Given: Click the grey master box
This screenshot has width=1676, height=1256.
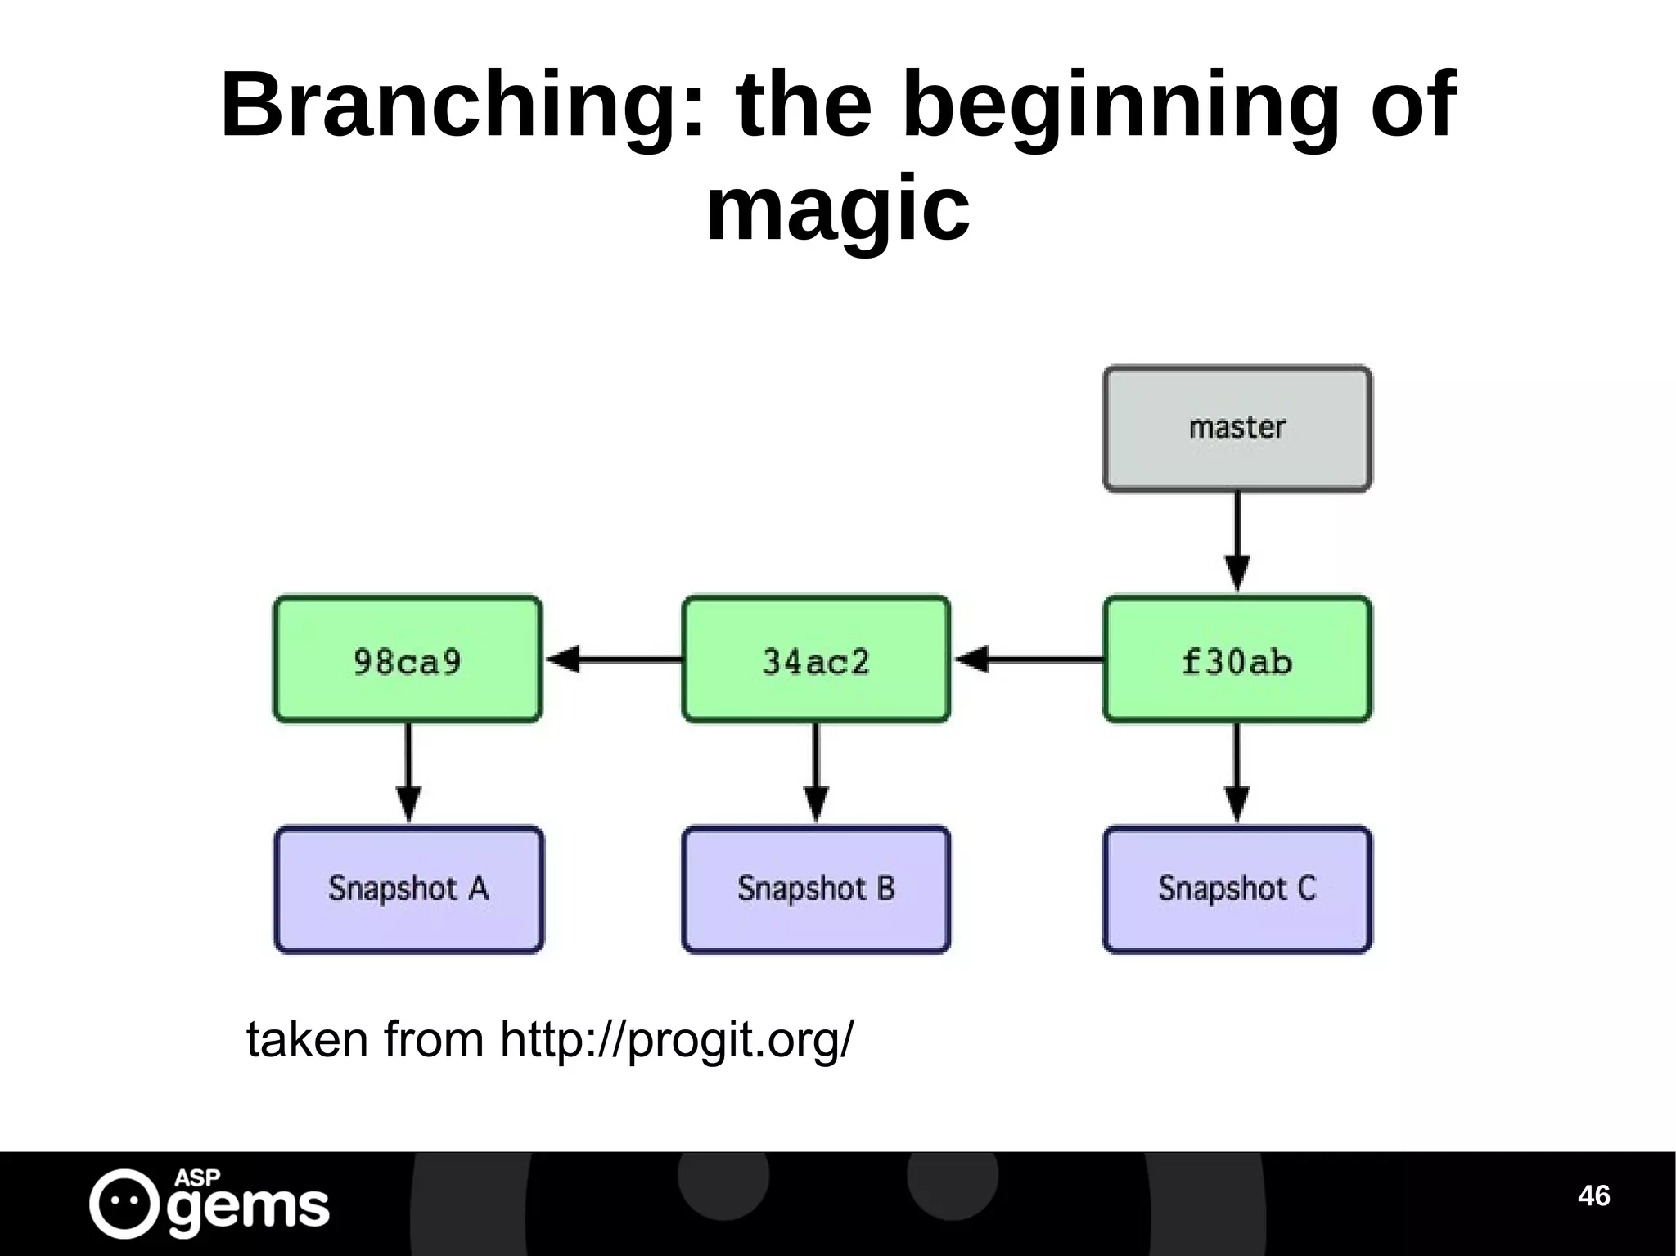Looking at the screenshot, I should coord(1237,429).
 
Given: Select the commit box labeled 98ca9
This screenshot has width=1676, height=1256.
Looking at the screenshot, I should coord(408,660).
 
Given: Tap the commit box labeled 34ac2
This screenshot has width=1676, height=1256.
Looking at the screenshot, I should coord(816,660).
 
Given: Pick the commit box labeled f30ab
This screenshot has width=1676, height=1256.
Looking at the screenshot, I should coord(1237,660).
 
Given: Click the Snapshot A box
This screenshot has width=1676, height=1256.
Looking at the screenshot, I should coord(408,889).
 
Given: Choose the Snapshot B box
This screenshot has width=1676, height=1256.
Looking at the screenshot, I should coord(816,889).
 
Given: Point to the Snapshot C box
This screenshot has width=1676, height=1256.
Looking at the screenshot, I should coord(1237,889).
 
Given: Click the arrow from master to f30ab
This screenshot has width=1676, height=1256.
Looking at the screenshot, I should coord(1237,540).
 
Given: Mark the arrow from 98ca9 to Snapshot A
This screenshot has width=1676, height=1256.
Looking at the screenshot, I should coord(408,772).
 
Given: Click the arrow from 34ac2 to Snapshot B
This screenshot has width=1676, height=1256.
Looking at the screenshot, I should coord(816,772).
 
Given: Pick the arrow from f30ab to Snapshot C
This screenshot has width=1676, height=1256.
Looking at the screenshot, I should coord(1237,772).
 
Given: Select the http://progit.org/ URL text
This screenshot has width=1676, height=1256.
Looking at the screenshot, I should coord(676,1040).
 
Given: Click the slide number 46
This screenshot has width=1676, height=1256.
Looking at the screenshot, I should coord(1593,1195).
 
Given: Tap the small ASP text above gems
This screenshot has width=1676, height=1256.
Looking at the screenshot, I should coord(197,1177).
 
